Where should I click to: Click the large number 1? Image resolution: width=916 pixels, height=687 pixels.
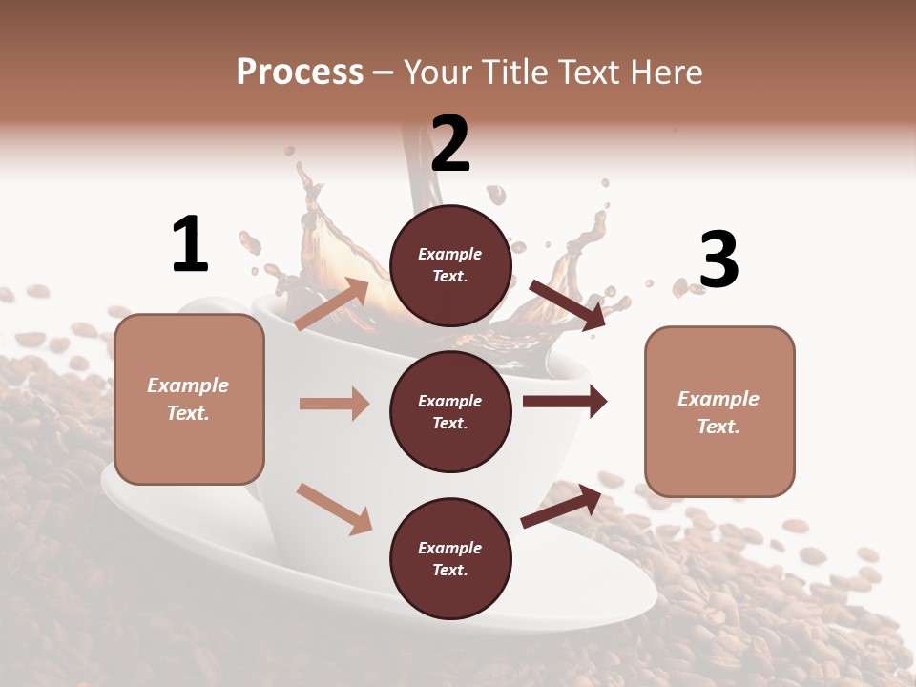tap(190, 245)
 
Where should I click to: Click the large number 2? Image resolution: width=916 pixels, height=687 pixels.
tap(450, 144)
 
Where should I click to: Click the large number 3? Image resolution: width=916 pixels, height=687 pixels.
tap(719, 260)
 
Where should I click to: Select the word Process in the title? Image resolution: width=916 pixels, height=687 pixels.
tap(300, 72)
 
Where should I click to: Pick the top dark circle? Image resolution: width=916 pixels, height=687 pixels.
tap(451, 265)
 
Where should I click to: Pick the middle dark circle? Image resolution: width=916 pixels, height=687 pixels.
tap(451, 411)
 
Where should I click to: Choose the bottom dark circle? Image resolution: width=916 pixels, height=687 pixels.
tap(451, 558)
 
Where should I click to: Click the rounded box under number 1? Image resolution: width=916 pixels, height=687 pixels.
tap(189, 399)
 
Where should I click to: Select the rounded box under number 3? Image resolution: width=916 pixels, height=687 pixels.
tap(719, 411)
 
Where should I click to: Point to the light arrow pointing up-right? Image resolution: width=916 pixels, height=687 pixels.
tap(332, 304)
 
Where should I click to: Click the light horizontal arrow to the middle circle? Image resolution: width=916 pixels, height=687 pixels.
tap(334, 404)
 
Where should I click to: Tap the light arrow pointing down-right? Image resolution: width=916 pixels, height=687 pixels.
tap(334, 509)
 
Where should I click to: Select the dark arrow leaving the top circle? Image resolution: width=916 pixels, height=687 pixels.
tap(568, 305)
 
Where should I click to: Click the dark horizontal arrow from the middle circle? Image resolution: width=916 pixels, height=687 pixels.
tap(565, 401)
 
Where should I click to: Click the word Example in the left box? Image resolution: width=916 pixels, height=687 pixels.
tap(188, 385)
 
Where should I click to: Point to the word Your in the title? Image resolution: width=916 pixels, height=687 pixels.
tap(438, 72)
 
